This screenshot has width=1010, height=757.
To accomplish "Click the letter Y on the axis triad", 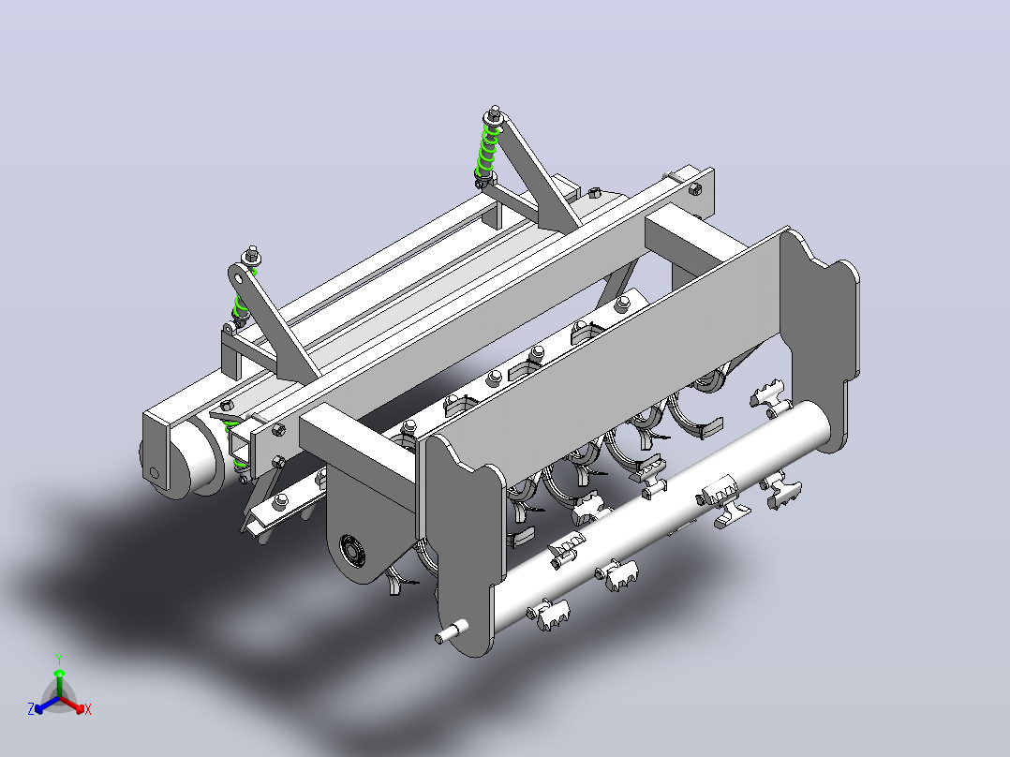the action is pyautogui.click(x=59, y=659).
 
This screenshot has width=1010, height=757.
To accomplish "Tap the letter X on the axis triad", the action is pyautogui.click(x=88, y=709).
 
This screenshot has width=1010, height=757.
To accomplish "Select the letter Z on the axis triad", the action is pyautogui.click(x=31, y=709).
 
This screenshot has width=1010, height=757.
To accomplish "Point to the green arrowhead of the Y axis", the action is pyautogui.click(x=59, y=673).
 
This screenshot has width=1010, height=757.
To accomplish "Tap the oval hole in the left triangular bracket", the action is pyautogui.click(x=239, y=278).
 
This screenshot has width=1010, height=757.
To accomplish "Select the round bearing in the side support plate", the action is pyautogui.click(x=353, y=552).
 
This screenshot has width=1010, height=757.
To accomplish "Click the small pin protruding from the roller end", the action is pyautogui.click(x=452, y=631).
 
